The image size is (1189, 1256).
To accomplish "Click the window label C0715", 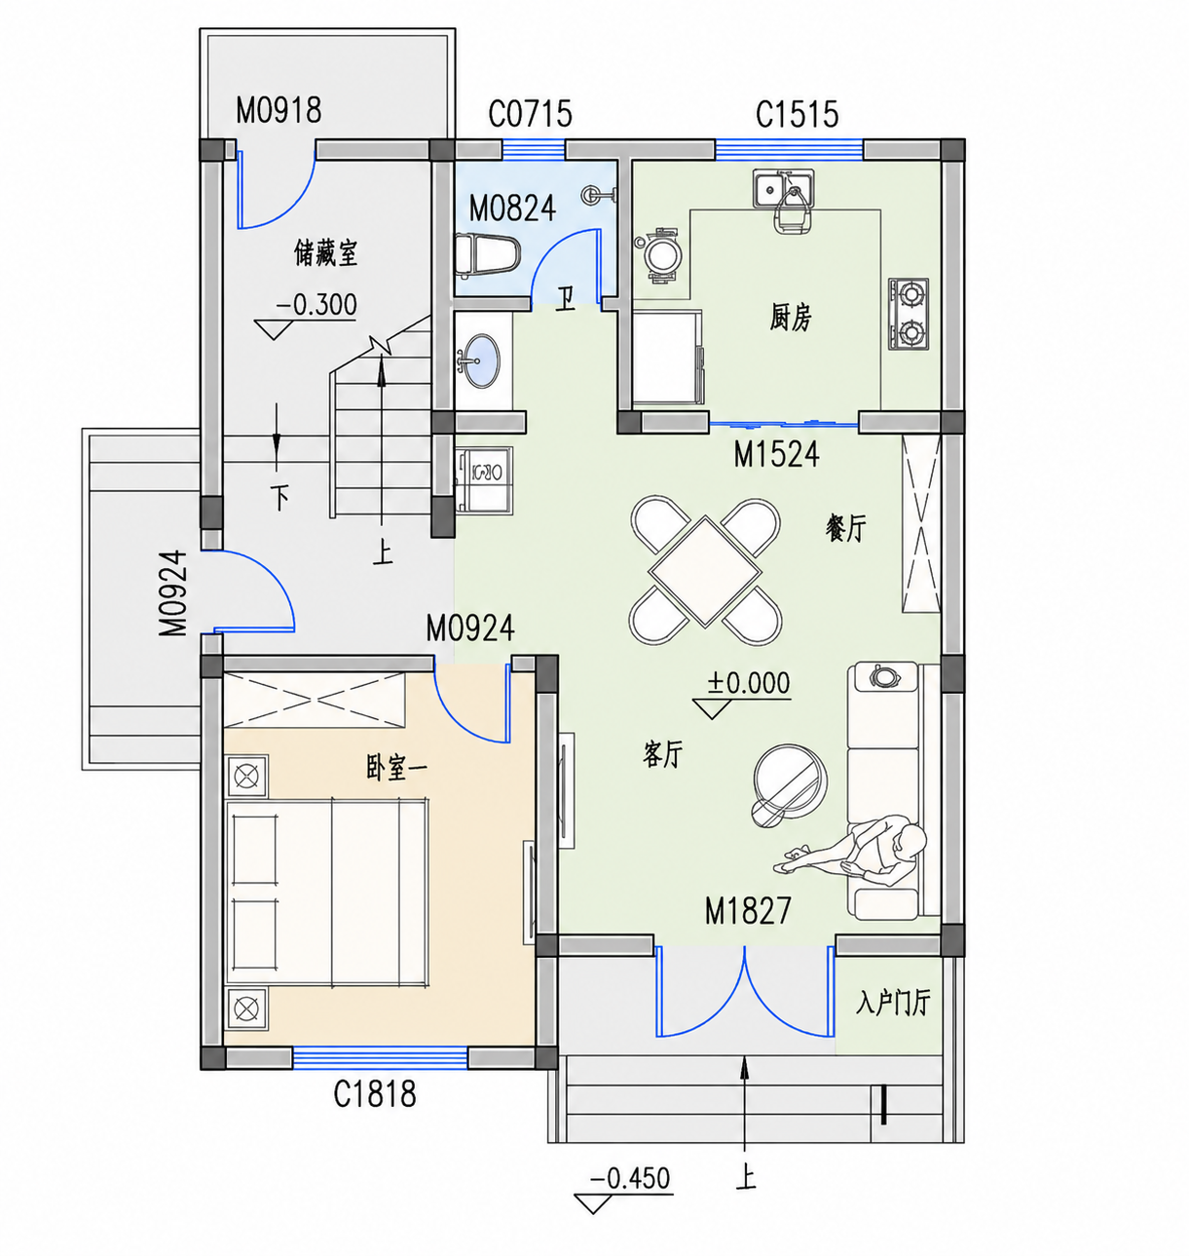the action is (x=530, y=114).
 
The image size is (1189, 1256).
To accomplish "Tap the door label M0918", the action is (x=279, y=110).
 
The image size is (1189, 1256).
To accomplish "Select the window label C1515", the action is (x=797, y=115).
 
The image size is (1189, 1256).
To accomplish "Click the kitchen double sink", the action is (x=784, y=188).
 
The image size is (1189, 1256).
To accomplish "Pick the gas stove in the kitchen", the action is (x=908, y=313).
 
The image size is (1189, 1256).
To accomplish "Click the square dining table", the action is (x=705, y=572).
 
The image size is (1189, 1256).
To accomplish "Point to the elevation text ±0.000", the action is (x=749, y=683).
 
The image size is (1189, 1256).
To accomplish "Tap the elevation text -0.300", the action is (x=316, y=305).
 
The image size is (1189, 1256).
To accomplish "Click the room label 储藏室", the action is (x=325, y=252).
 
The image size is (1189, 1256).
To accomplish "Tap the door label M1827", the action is (x=748, y=910).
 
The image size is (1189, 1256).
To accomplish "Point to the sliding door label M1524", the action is (x=776, y=455).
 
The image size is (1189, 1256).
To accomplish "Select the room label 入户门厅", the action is (x=893, y=1003).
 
